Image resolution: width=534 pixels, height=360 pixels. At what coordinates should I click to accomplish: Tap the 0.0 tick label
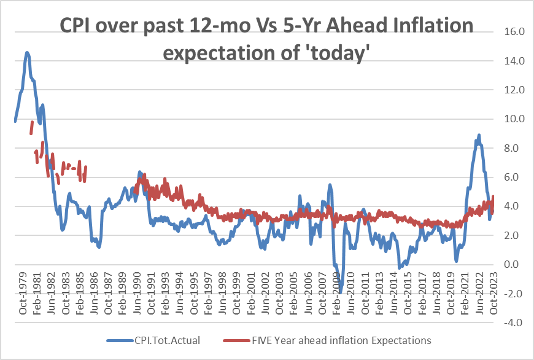pos(513,265)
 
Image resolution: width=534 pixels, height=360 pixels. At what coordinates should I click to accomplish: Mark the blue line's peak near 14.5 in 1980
pos(27,53)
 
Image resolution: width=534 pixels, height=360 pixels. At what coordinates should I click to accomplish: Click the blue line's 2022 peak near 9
pos(478,135)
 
